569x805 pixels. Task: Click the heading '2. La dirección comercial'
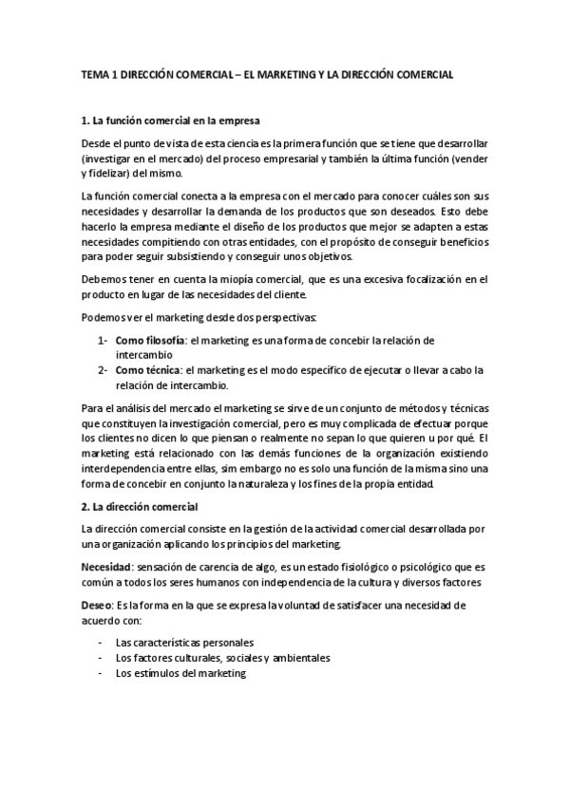point(139,506)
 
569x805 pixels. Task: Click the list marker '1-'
point(102,340)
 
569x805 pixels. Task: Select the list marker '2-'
point(102,370)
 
